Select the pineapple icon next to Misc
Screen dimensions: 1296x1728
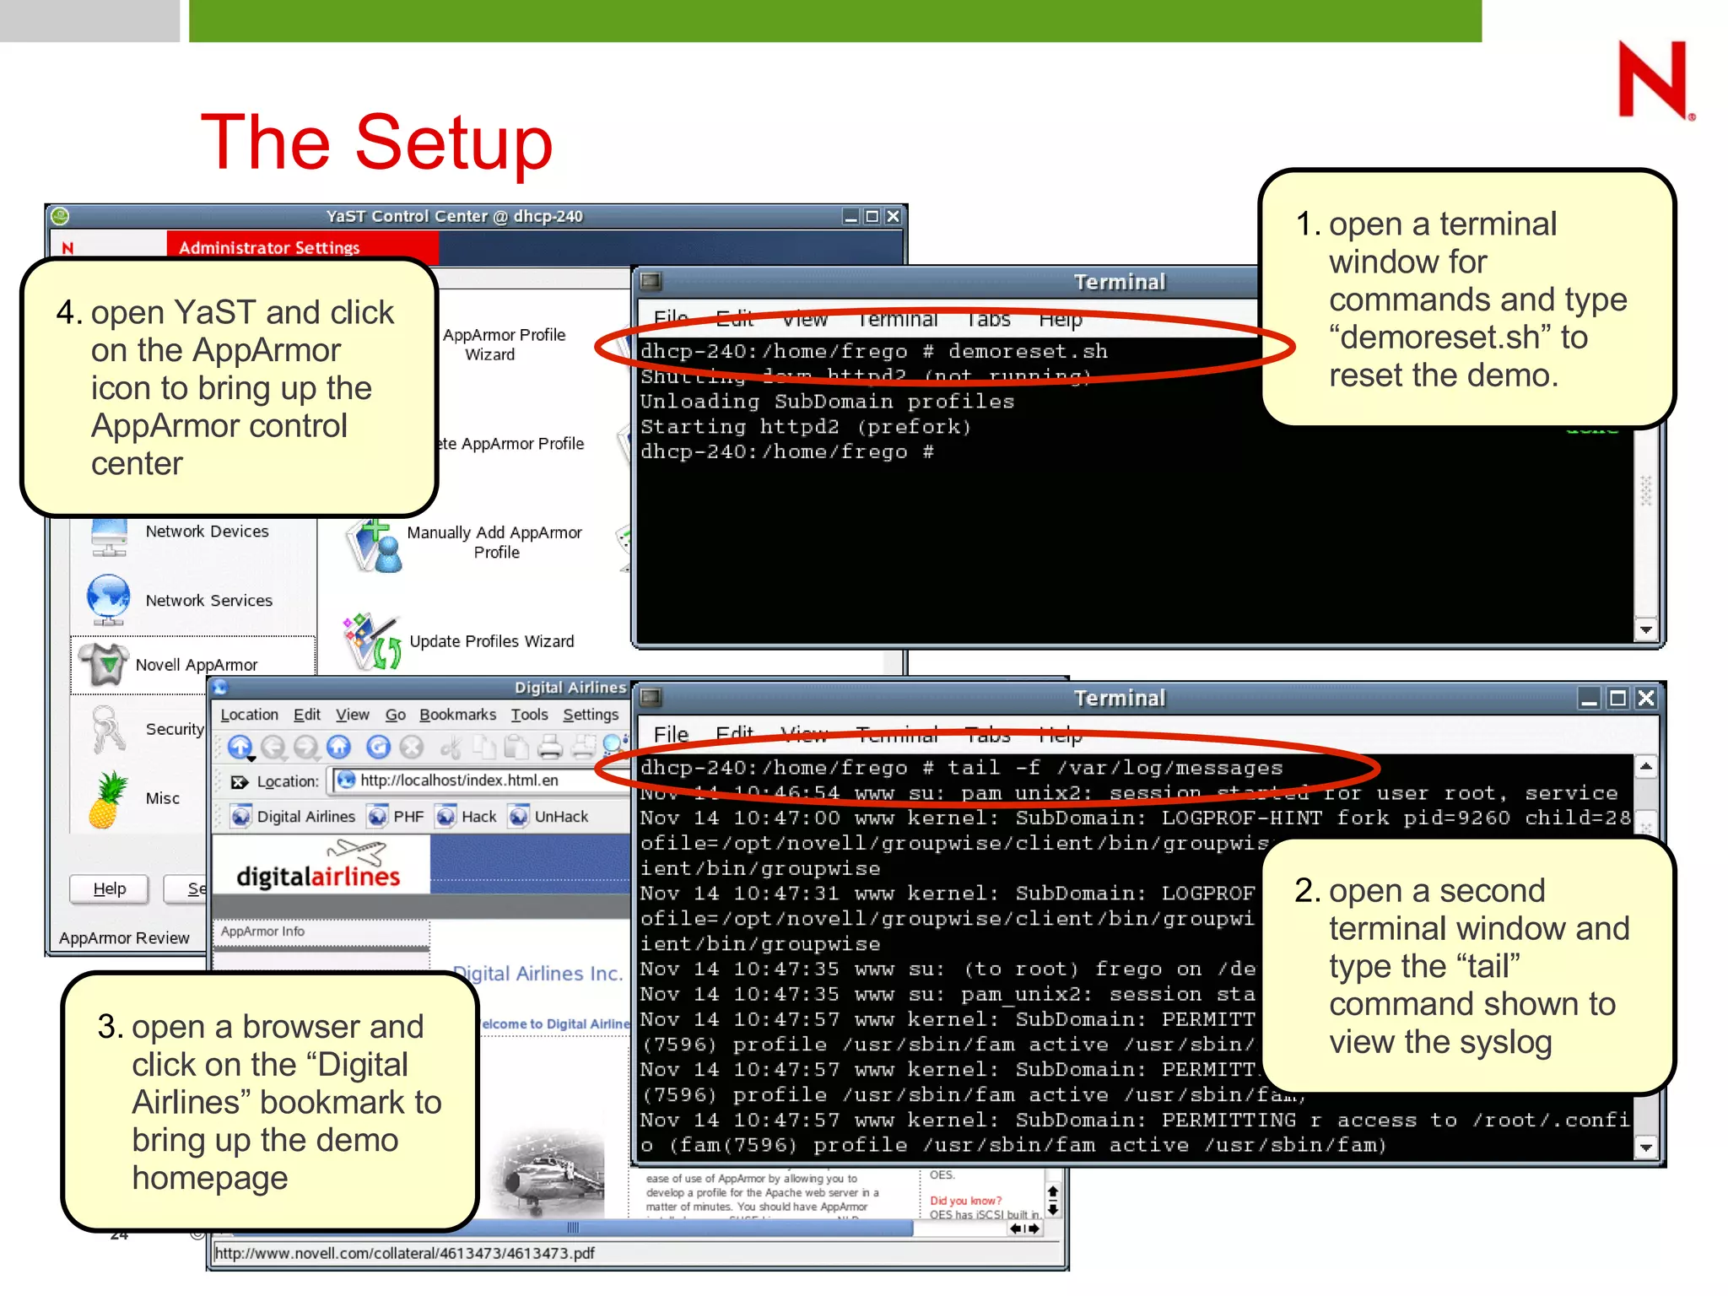(108, 799)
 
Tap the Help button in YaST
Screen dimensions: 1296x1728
(109, 888)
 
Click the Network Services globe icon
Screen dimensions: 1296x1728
(108, 599)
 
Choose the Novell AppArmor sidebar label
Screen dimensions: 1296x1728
(197, 665)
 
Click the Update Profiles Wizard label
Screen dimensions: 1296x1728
(491, 641)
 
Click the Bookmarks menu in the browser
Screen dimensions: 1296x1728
(457, 715)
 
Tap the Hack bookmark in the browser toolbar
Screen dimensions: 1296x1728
(478, 817)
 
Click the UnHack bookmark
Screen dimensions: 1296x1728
(560, 817)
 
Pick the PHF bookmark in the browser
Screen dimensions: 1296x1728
(408, 817)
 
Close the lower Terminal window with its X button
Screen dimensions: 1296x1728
(1645, 699)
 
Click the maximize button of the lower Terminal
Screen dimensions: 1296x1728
(1617, 699)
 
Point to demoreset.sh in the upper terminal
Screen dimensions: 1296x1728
(1027, 351)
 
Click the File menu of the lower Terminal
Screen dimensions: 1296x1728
(671, 735)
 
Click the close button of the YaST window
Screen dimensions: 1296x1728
(893, 217)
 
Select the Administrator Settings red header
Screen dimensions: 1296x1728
(269, 247)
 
